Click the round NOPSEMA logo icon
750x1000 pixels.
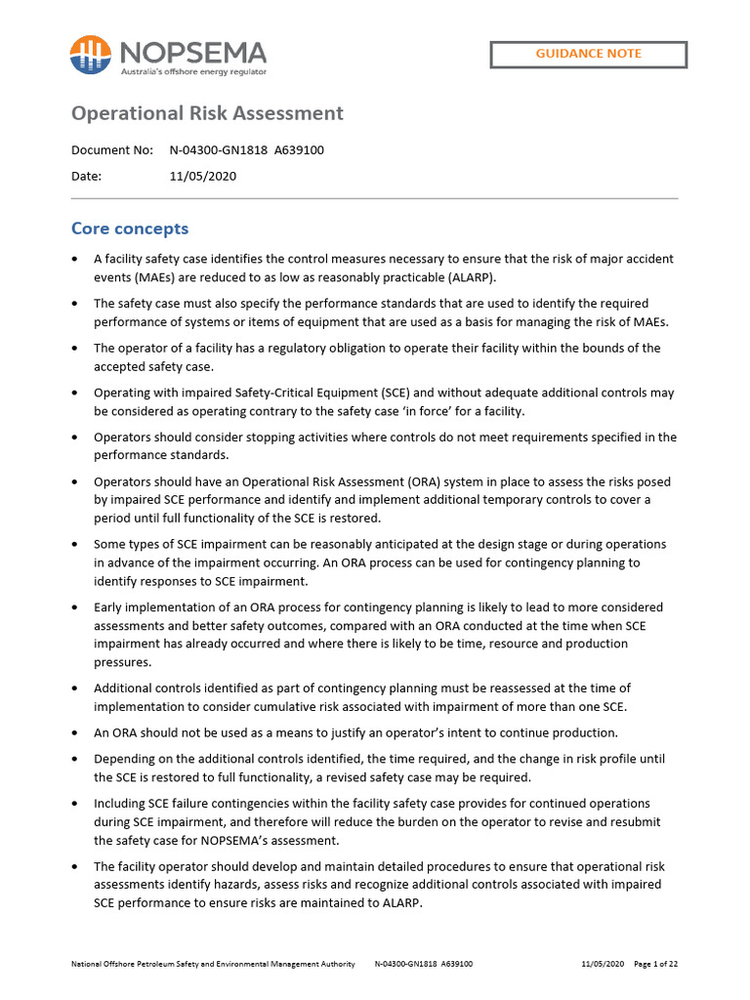click(x=90, y=55)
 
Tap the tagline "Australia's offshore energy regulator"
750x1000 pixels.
click(x=192, y=72)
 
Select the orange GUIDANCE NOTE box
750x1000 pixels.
click(x=588, y=54)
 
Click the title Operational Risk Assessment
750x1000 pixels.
click(x=207, y=113)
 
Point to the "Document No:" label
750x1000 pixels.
click(x=112, y=150)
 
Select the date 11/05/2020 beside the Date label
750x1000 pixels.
click(x=202, y=177)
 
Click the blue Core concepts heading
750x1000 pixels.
click(x=130, y=229)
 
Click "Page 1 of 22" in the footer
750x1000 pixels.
click(x=656, y=964)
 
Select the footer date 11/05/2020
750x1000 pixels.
click(x=602, y=964)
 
